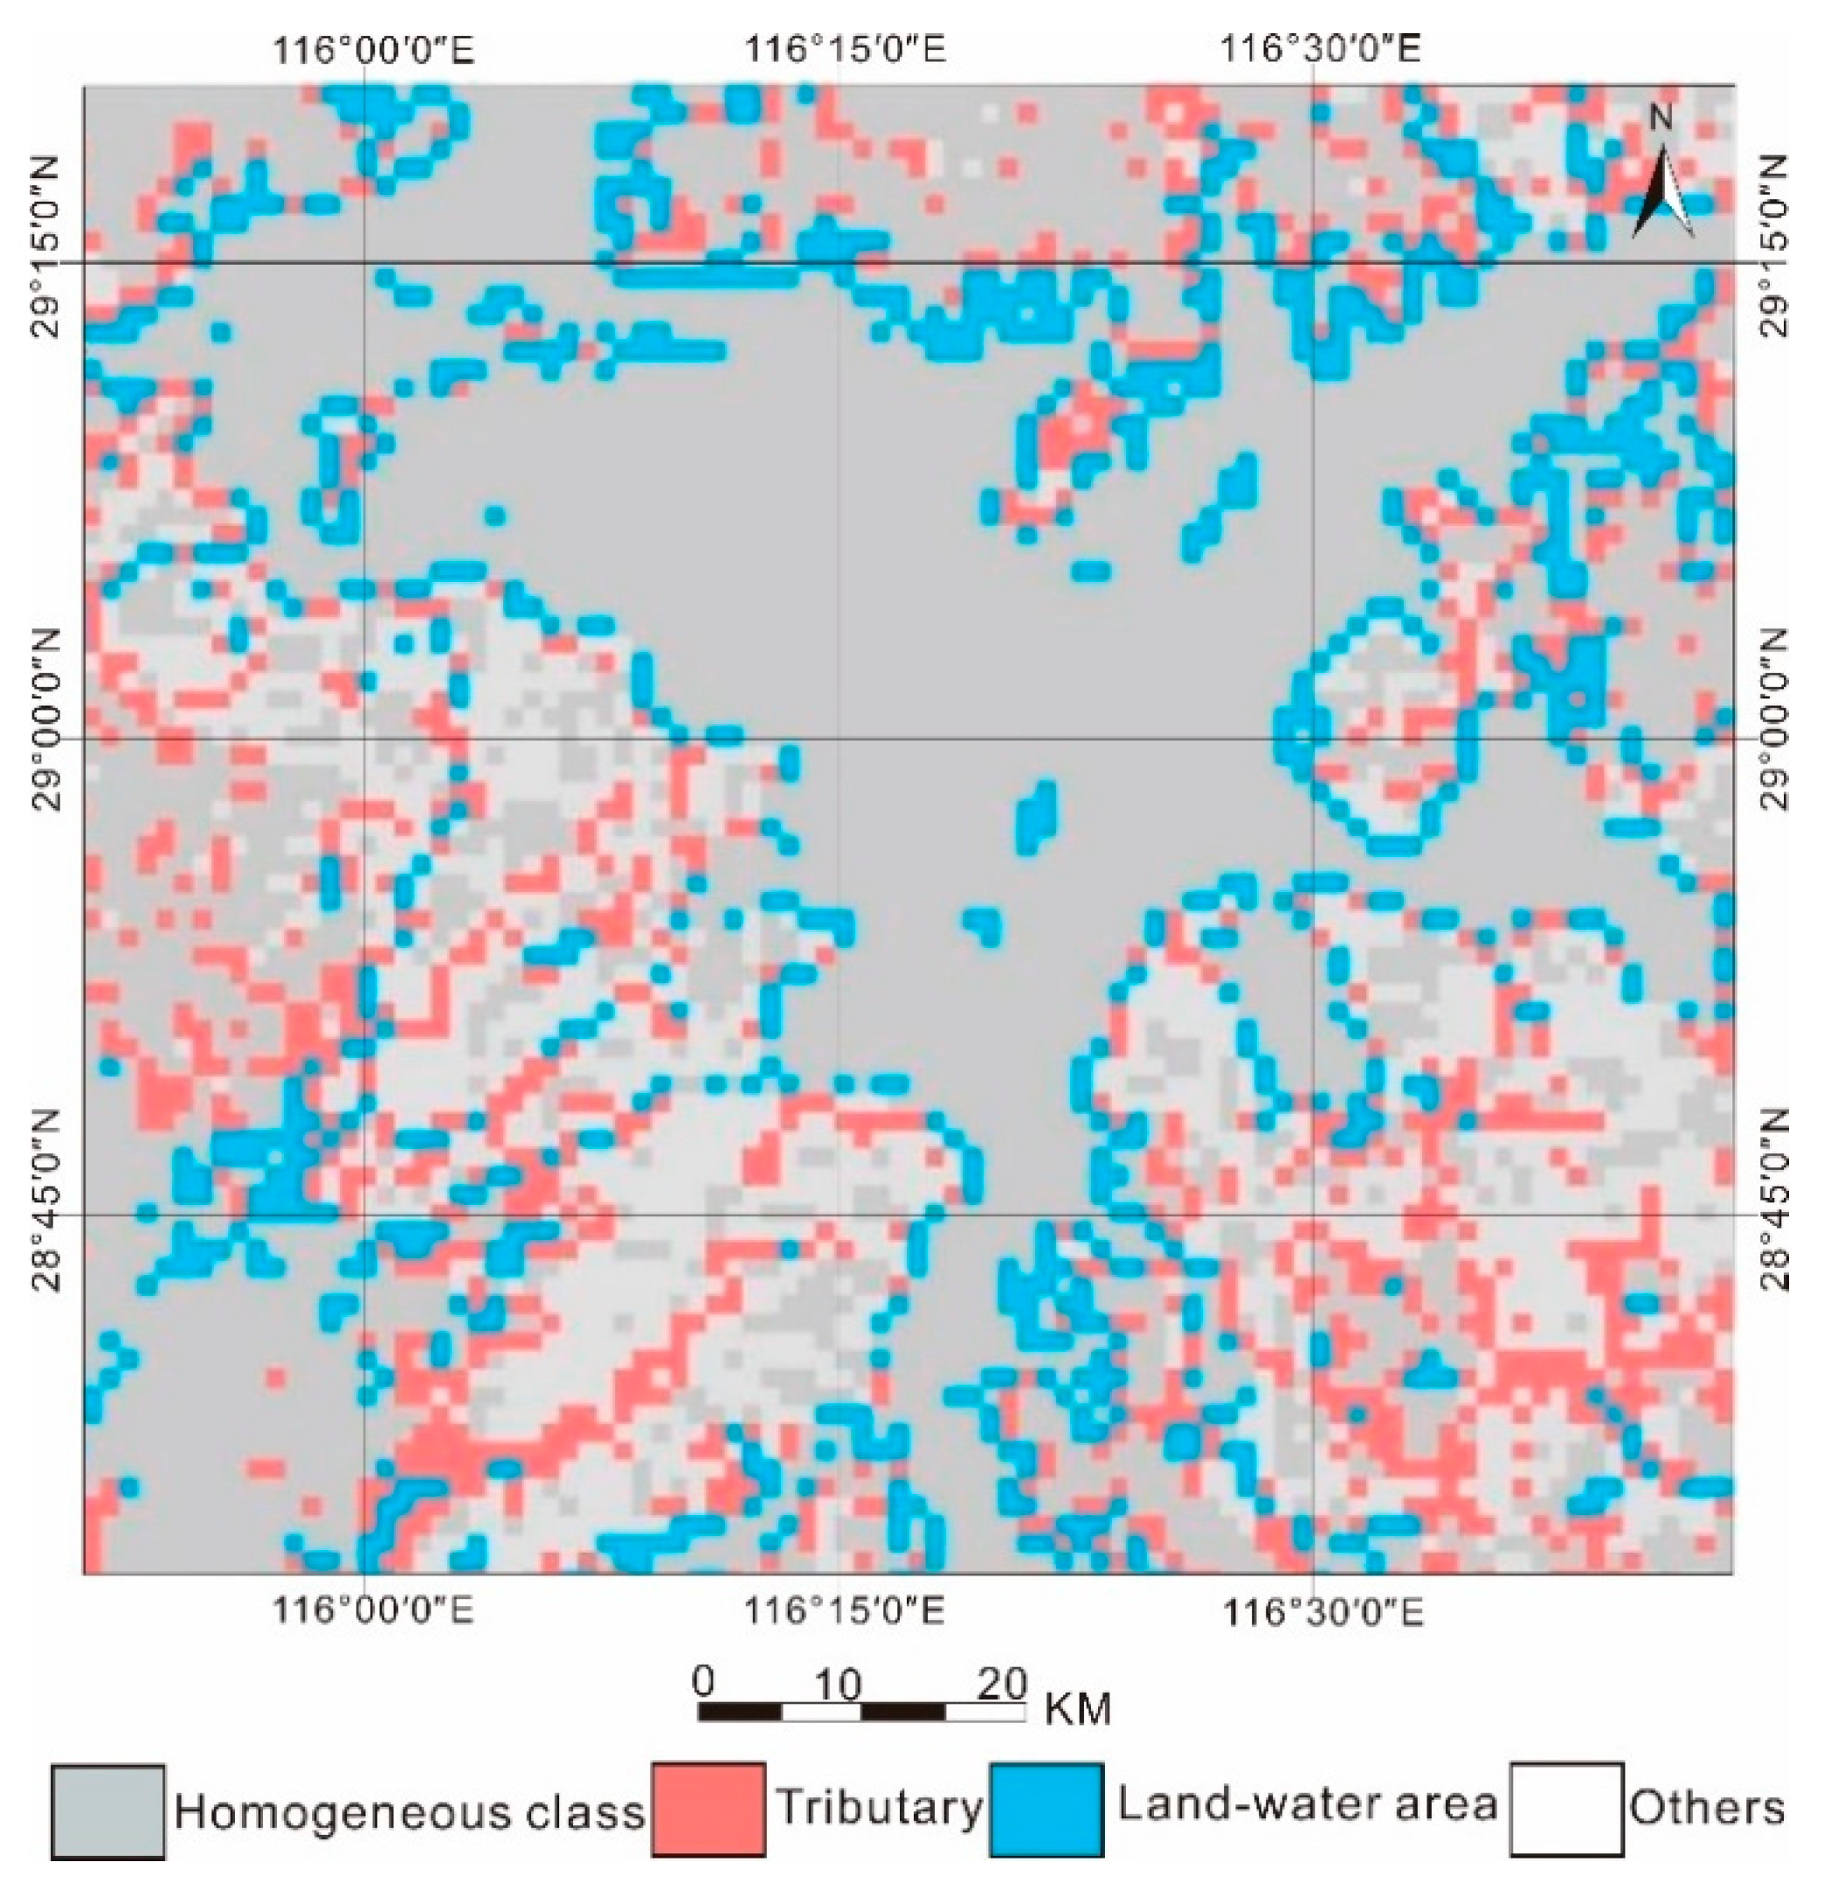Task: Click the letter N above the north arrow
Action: [x=1661, y=117]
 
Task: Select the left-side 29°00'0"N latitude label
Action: [x=48, y=721]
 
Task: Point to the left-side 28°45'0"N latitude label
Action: [x=48, y=1198]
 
